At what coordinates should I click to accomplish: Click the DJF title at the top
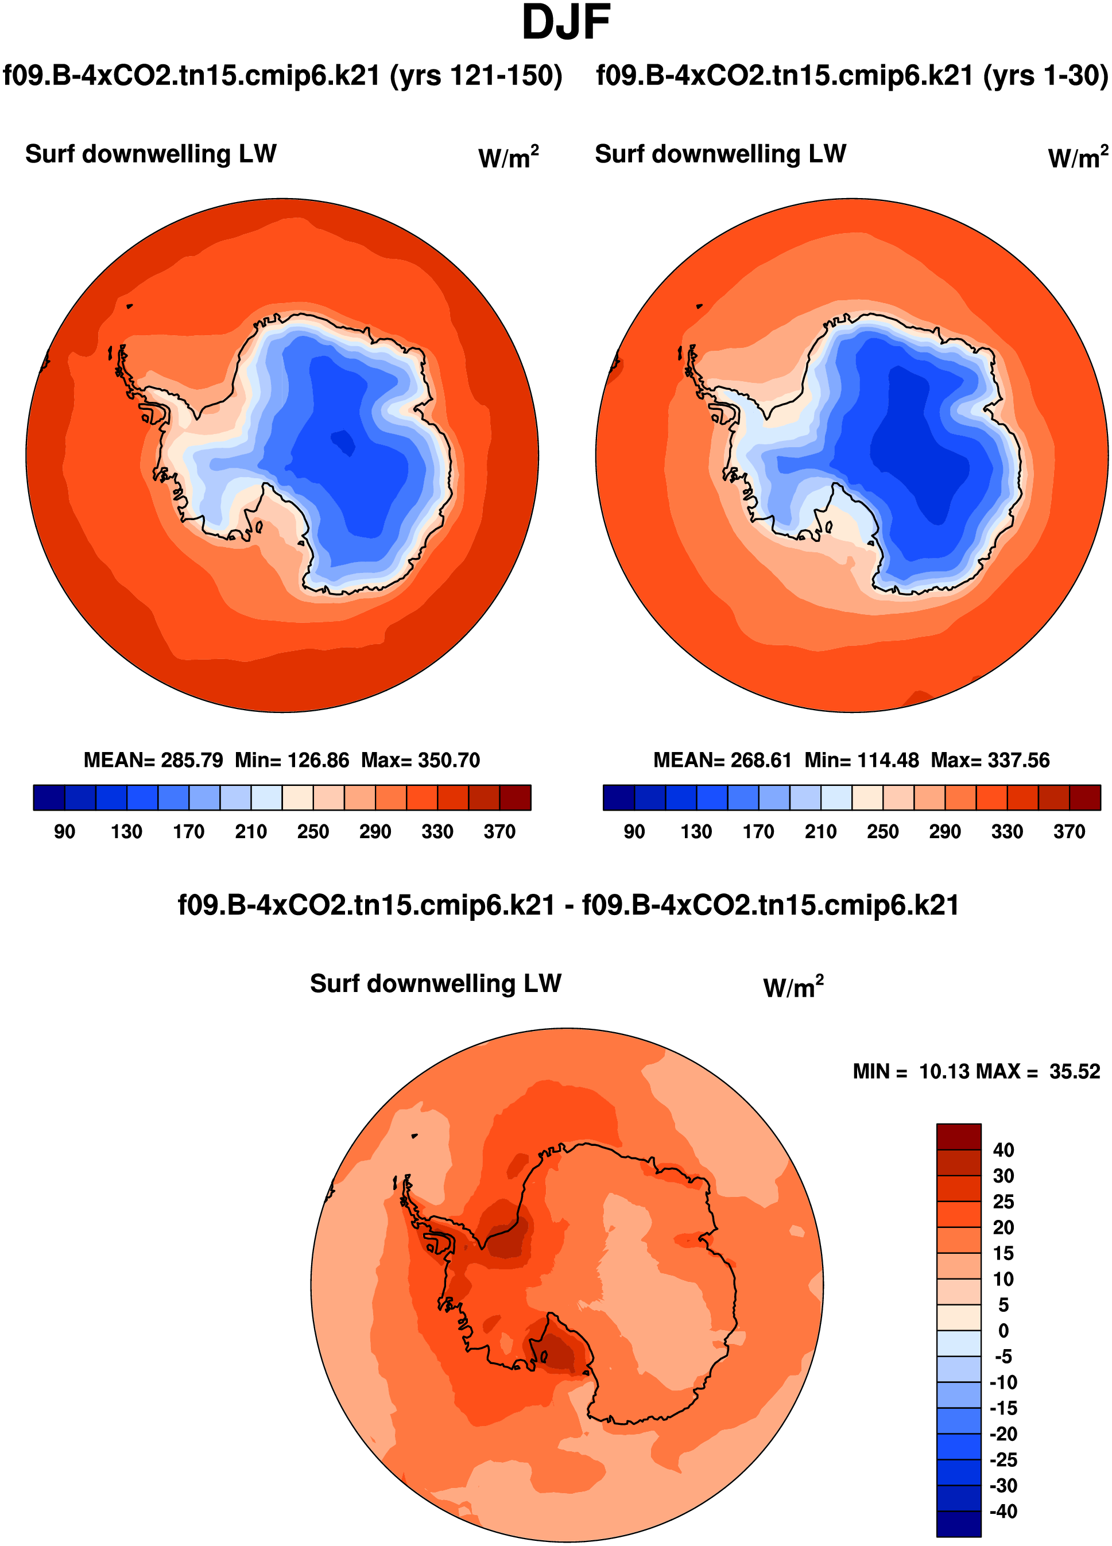[565, 23]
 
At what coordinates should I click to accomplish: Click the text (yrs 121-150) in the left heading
[476, 76]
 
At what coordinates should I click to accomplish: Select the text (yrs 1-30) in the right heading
[1045, 76]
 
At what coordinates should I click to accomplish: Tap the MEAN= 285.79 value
[153, 760]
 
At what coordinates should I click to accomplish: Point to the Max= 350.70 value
[420, 760]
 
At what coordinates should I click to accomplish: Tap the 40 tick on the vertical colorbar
[1003, 1150]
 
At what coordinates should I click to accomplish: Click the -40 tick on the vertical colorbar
[1003, 1511]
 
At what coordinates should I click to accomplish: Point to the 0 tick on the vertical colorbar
[1003, 1331]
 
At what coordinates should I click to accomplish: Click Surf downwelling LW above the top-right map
[720, 154]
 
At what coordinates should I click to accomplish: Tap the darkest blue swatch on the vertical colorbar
[958, 1524]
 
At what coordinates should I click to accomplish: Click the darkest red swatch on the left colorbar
[515, 797]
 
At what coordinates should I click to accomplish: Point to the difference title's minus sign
[568, 906]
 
